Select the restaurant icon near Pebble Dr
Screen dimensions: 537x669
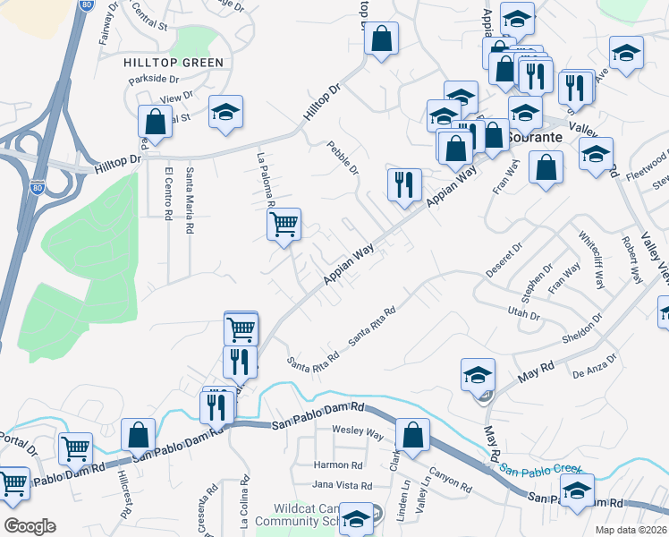(404, 183)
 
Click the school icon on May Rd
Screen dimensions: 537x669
(478, 374)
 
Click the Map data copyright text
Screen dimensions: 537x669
(631, 530)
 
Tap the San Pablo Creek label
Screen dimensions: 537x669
(540, 468)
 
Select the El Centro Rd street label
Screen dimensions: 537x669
(167, 192)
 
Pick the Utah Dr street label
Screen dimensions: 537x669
(524, 315)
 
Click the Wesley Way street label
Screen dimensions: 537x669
(358, 434)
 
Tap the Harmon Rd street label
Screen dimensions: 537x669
(338, 465)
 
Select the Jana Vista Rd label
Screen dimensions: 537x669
(342, 485)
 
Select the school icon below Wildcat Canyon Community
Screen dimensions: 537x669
(357, 519)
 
